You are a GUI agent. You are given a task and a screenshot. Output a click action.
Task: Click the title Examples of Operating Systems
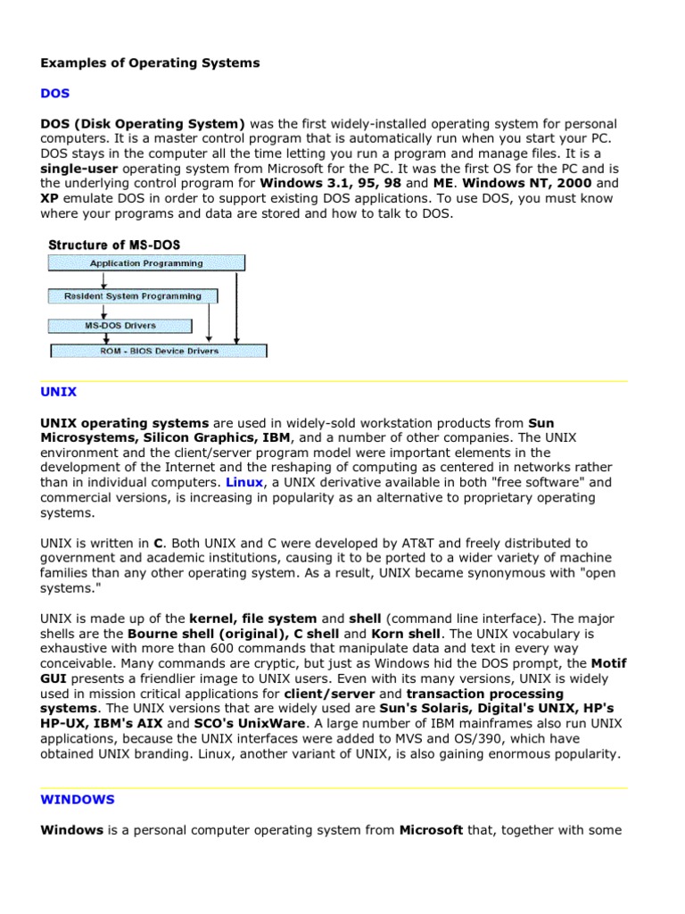[x=150, y=62]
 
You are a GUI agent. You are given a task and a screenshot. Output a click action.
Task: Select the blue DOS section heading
[x=54, y=93]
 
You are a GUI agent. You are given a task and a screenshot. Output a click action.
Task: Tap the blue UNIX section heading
[x=59, y=391]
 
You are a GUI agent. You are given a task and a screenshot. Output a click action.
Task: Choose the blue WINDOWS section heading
[x=78, y=800]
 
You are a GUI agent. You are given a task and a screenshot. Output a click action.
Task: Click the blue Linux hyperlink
[x=244, y=482]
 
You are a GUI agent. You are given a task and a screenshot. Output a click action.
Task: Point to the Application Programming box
[x=146, y=263]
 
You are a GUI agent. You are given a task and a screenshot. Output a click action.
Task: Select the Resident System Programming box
[x=132, y=295]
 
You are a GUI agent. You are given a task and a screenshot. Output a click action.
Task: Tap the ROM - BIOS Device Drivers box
[x=158, y=351]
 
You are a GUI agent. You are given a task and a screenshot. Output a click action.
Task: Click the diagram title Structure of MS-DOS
[x=113, y=245]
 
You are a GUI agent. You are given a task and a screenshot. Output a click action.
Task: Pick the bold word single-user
[x=78, y=168]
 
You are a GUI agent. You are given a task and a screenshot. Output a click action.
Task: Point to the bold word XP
[x=50, y=198]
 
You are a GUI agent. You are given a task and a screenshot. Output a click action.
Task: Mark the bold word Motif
[x=609, y=663]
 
